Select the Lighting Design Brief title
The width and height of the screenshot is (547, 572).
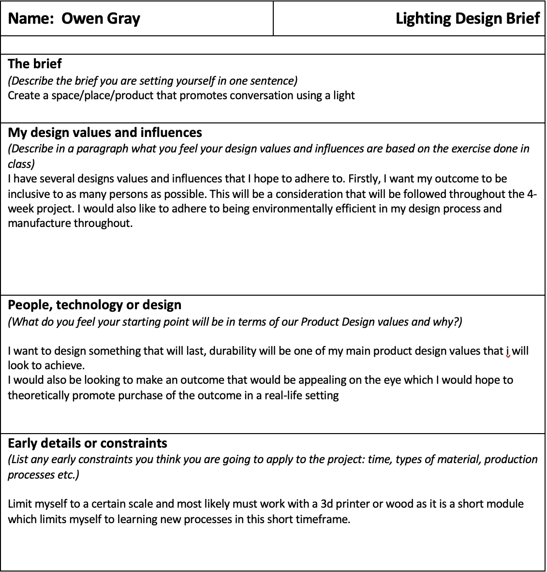(x=467, y=18)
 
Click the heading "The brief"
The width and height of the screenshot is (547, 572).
(x=35, y=63)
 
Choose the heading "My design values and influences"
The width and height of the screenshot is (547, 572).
(x=105, y=133)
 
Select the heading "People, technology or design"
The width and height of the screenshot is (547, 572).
(x=95, y=305)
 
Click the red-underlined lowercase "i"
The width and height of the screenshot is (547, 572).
(x=508, y=351)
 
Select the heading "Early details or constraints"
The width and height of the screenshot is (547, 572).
(x=88, y=443)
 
